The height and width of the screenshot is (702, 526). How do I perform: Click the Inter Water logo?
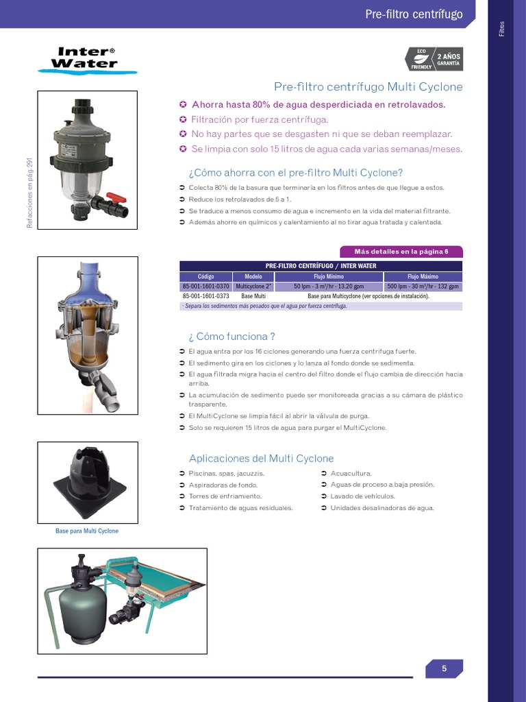(x=85, y=59)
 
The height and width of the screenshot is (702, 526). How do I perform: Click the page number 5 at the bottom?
(x=444, y=669)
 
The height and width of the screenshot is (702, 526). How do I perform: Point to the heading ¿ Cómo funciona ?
(x=231, y=336)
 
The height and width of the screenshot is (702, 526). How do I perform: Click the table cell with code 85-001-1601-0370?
(x=206, y=287)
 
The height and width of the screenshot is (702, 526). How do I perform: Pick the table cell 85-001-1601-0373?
(x=206, y=296)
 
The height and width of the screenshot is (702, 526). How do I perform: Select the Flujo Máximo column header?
(x=423, y=277)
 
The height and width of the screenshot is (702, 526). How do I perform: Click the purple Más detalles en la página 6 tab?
(x=401, y=252)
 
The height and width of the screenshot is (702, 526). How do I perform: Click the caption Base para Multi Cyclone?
(x=87, y=531)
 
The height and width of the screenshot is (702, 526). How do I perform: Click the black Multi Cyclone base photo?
(x=88, y=483)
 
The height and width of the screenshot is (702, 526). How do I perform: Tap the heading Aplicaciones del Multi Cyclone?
(x=261, y=458)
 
